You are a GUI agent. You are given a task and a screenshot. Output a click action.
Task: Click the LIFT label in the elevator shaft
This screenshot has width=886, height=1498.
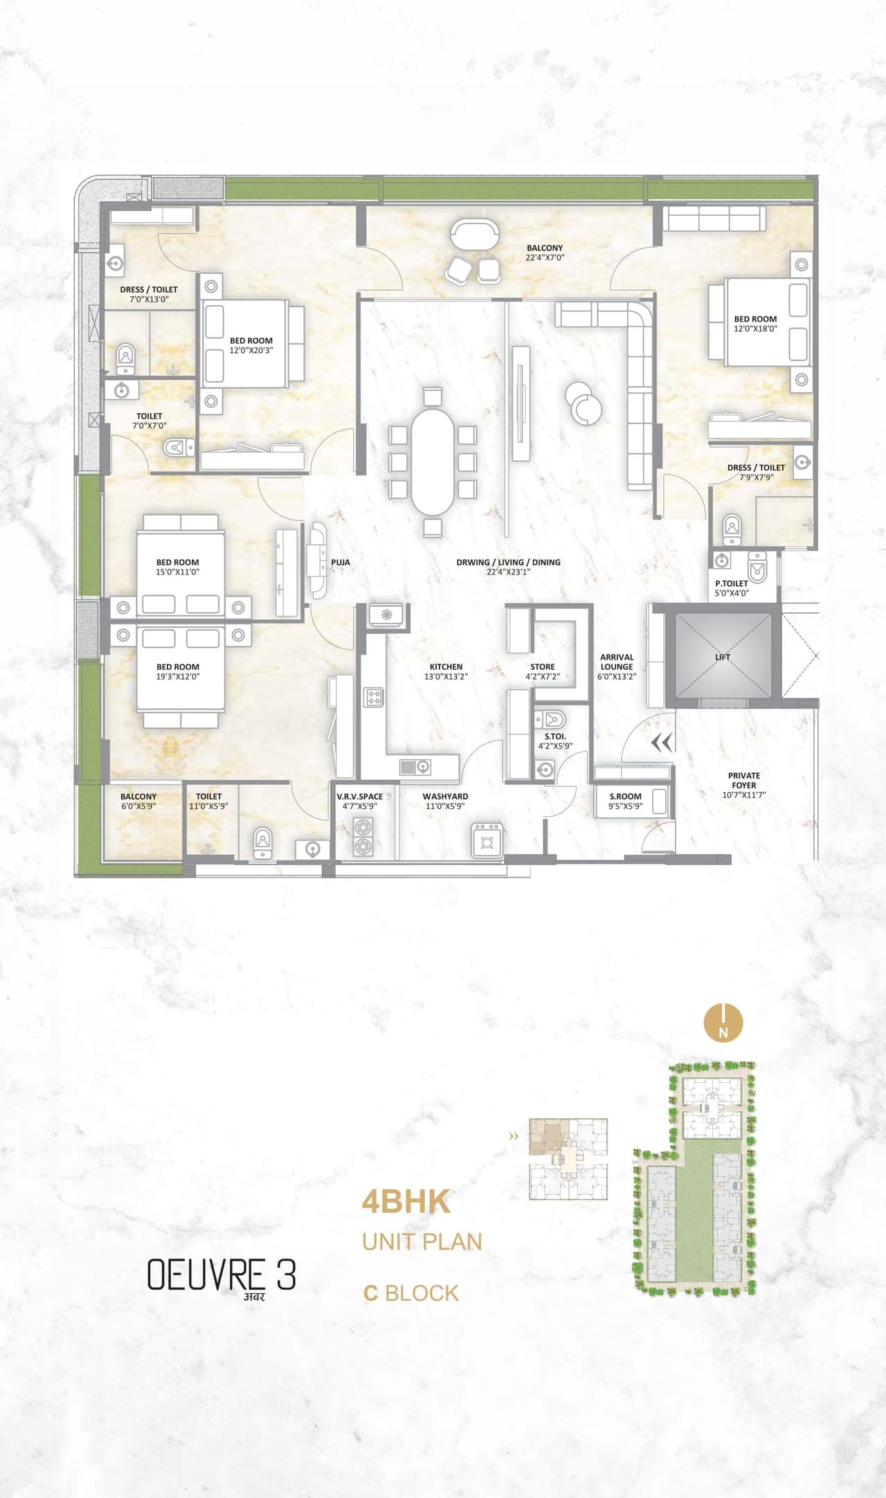click(722, 657)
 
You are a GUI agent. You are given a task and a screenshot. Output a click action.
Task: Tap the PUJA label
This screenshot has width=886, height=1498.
click(341, 563)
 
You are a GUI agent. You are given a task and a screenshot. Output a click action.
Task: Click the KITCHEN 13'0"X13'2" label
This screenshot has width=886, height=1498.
click(446, 672)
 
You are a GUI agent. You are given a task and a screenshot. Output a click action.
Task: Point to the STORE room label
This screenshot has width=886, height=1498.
click(543, 672)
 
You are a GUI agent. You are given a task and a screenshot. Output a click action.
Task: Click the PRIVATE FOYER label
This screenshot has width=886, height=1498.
click(743, 785)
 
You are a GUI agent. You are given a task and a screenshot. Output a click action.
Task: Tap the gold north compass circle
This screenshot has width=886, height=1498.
click(723, 1022)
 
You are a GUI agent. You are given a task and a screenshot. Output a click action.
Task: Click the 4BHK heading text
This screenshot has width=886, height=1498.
click(406, 1202)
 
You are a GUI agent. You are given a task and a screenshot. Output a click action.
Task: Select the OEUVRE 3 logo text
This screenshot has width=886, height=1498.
click(221, 1275)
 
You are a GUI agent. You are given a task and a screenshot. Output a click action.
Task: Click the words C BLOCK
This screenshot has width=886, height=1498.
click(411, 1293)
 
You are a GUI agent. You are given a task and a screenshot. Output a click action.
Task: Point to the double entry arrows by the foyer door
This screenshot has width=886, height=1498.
click(662, 743)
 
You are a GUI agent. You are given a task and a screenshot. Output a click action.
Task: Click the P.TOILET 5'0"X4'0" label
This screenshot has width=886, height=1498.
click(732, 588)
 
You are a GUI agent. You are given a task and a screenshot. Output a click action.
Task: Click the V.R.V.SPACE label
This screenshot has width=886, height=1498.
click(359, 801)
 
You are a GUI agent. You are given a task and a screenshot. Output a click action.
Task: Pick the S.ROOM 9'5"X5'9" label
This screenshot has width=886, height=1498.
click(625, 801)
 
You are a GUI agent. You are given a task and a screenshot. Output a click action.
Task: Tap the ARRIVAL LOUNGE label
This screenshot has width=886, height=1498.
click(617, 667)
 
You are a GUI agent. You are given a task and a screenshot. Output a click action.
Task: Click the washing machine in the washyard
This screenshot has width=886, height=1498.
click(487, 841)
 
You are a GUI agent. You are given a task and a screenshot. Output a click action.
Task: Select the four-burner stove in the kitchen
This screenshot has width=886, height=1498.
click(374, 697)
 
